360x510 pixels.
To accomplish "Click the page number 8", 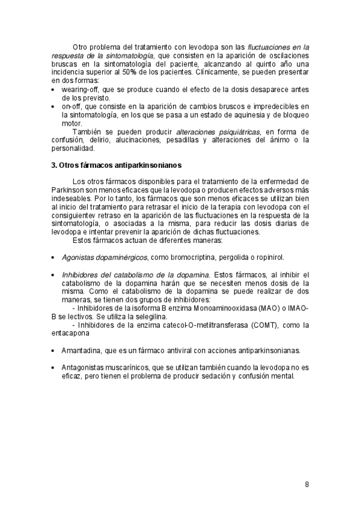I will [307, 484].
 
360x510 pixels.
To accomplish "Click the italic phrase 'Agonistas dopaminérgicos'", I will [105, 257].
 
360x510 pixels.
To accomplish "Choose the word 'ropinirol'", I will [276, 257].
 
